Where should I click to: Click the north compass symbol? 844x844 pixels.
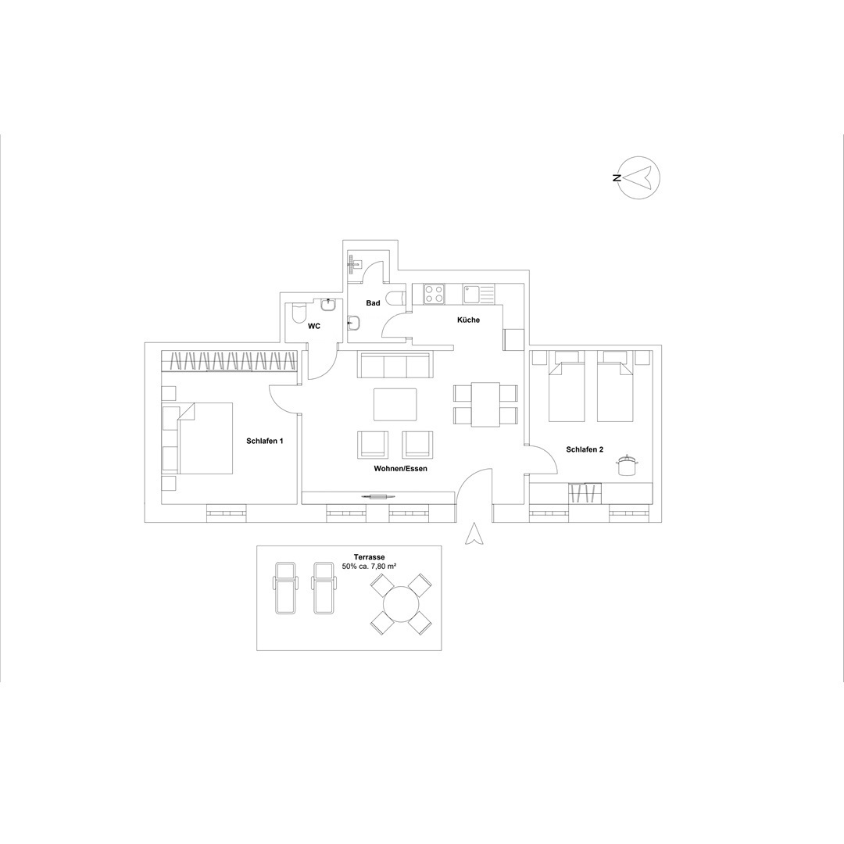[639, 177]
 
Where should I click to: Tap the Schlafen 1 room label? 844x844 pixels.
[265, 441]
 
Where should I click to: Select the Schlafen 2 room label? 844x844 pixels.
[585, 449]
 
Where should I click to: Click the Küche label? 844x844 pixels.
[468, 320]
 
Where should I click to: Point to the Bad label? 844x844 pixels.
[373, 303]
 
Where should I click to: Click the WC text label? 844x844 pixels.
[314, 326]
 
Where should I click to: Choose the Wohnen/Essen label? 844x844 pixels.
[400, 468]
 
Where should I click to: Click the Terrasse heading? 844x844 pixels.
[369, 557]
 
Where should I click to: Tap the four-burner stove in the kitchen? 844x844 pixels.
[435, 293]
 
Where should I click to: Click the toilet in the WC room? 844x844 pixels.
[299, 313]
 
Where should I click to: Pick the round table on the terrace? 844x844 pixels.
[401, 603]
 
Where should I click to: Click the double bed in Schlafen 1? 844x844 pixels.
[206, 438]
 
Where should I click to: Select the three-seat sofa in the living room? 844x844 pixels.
[395, 366]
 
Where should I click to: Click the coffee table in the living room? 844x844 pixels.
[395, 404]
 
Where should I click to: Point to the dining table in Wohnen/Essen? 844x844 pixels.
[485, 404]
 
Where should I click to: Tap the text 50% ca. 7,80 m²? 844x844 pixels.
[369, 567]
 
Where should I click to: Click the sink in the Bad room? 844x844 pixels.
[354, 323]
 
